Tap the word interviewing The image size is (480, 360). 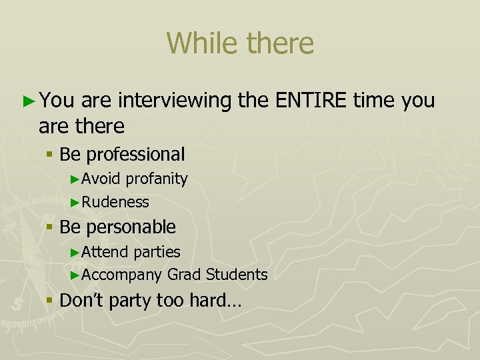click(x=176, y=101)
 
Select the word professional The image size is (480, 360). click(x=135, y=155)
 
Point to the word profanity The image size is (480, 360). click(x=157, y=179)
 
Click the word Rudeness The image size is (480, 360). click(x=115, y=201)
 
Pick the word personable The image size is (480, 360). click(x=131, y=227)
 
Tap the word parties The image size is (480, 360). click(x=157, y=252)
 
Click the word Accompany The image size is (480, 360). click(x=122, y=275)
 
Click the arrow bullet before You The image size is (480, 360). click(x=27, y=101)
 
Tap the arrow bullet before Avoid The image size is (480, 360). click(x=75, y=179)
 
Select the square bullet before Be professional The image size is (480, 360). click(x=49, y=155)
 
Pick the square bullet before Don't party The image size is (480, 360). click(x=49, y=301)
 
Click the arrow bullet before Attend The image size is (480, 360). click(x=75, y=253)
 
